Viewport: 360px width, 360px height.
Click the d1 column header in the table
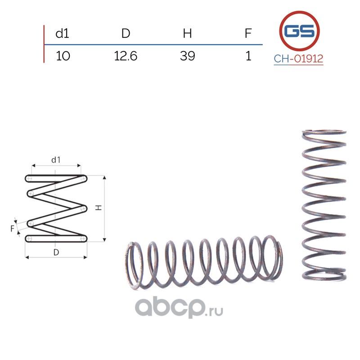pos(62,33)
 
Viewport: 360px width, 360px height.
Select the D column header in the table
pos(126,33)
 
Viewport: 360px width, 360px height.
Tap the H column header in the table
pos(187,33)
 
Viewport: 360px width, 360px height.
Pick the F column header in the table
pos(248,33)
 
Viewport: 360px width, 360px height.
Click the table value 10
pos(63,56)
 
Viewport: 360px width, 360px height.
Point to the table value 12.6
pos(126,56)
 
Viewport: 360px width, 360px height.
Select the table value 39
pos(187,56)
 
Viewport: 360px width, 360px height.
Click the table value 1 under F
pos(248,56)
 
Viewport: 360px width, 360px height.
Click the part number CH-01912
pos(299,58)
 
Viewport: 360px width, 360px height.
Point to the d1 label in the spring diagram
pos(56,160)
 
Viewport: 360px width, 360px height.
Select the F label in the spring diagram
pos(13,228)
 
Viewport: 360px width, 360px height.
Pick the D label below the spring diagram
pos(56,252)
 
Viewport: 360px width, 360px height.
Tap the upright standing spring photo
pos(324,205)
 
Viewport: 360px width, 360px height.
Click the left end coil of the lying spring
pos(132,265)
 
